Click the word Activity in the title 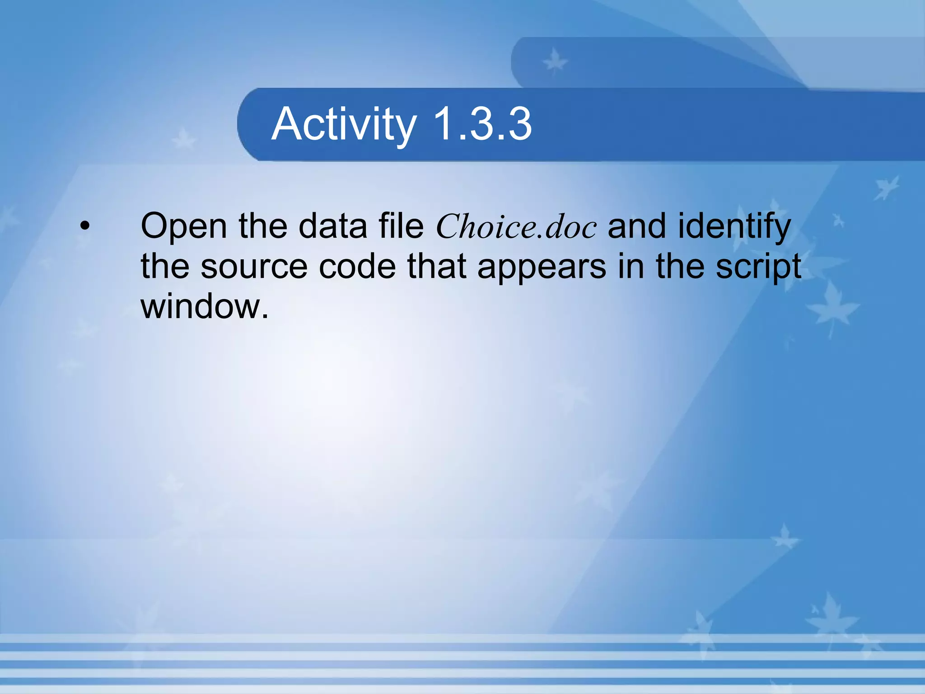point(344,124)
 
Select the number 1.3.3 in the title point(482,124)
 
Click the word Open point(184,226)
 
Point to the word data point(333,226)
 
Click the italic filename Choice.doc point(516,226)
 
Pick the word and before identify point(636,226)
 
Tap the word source point(254,267)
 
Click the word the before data point(263,226)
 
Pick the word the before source point(165,267)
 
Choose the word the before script point(680,267)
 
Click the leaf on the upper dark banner point(554,61)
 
